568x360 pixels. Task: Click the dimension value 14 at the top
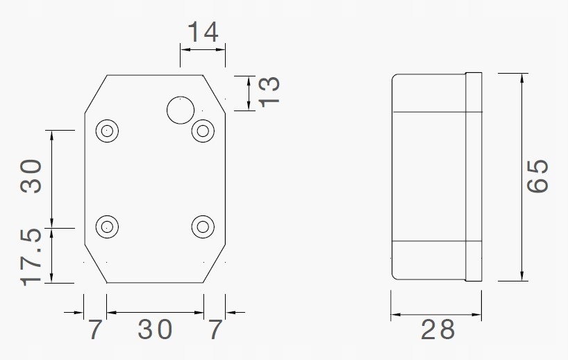[203, 32]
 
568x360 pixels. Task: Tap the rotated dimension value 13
[269, 91]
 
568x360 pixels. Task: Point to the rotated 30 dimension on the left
[32, 176]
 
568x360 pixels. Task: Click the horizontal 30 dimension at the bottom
[154, 329]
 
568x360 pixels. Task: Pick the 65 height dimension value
[538, 177]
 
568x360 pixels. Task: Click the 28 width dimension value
[437, 329]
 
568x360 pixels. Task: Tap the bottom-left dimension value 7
[95, 329]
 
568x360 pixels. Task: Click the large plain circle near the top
[181, 110]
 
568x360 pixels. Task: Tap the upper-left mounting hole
[107, 130]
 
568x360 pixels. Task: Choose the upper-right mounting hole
[202, 130]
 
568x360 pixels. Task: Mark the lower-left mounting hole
[107, 226]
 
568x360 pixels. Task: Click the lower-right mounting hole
[202, 226]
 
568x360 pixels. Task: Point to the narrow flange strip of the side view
[473, 177]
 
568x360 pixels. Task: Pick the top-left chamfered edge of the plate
[96, 94]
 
